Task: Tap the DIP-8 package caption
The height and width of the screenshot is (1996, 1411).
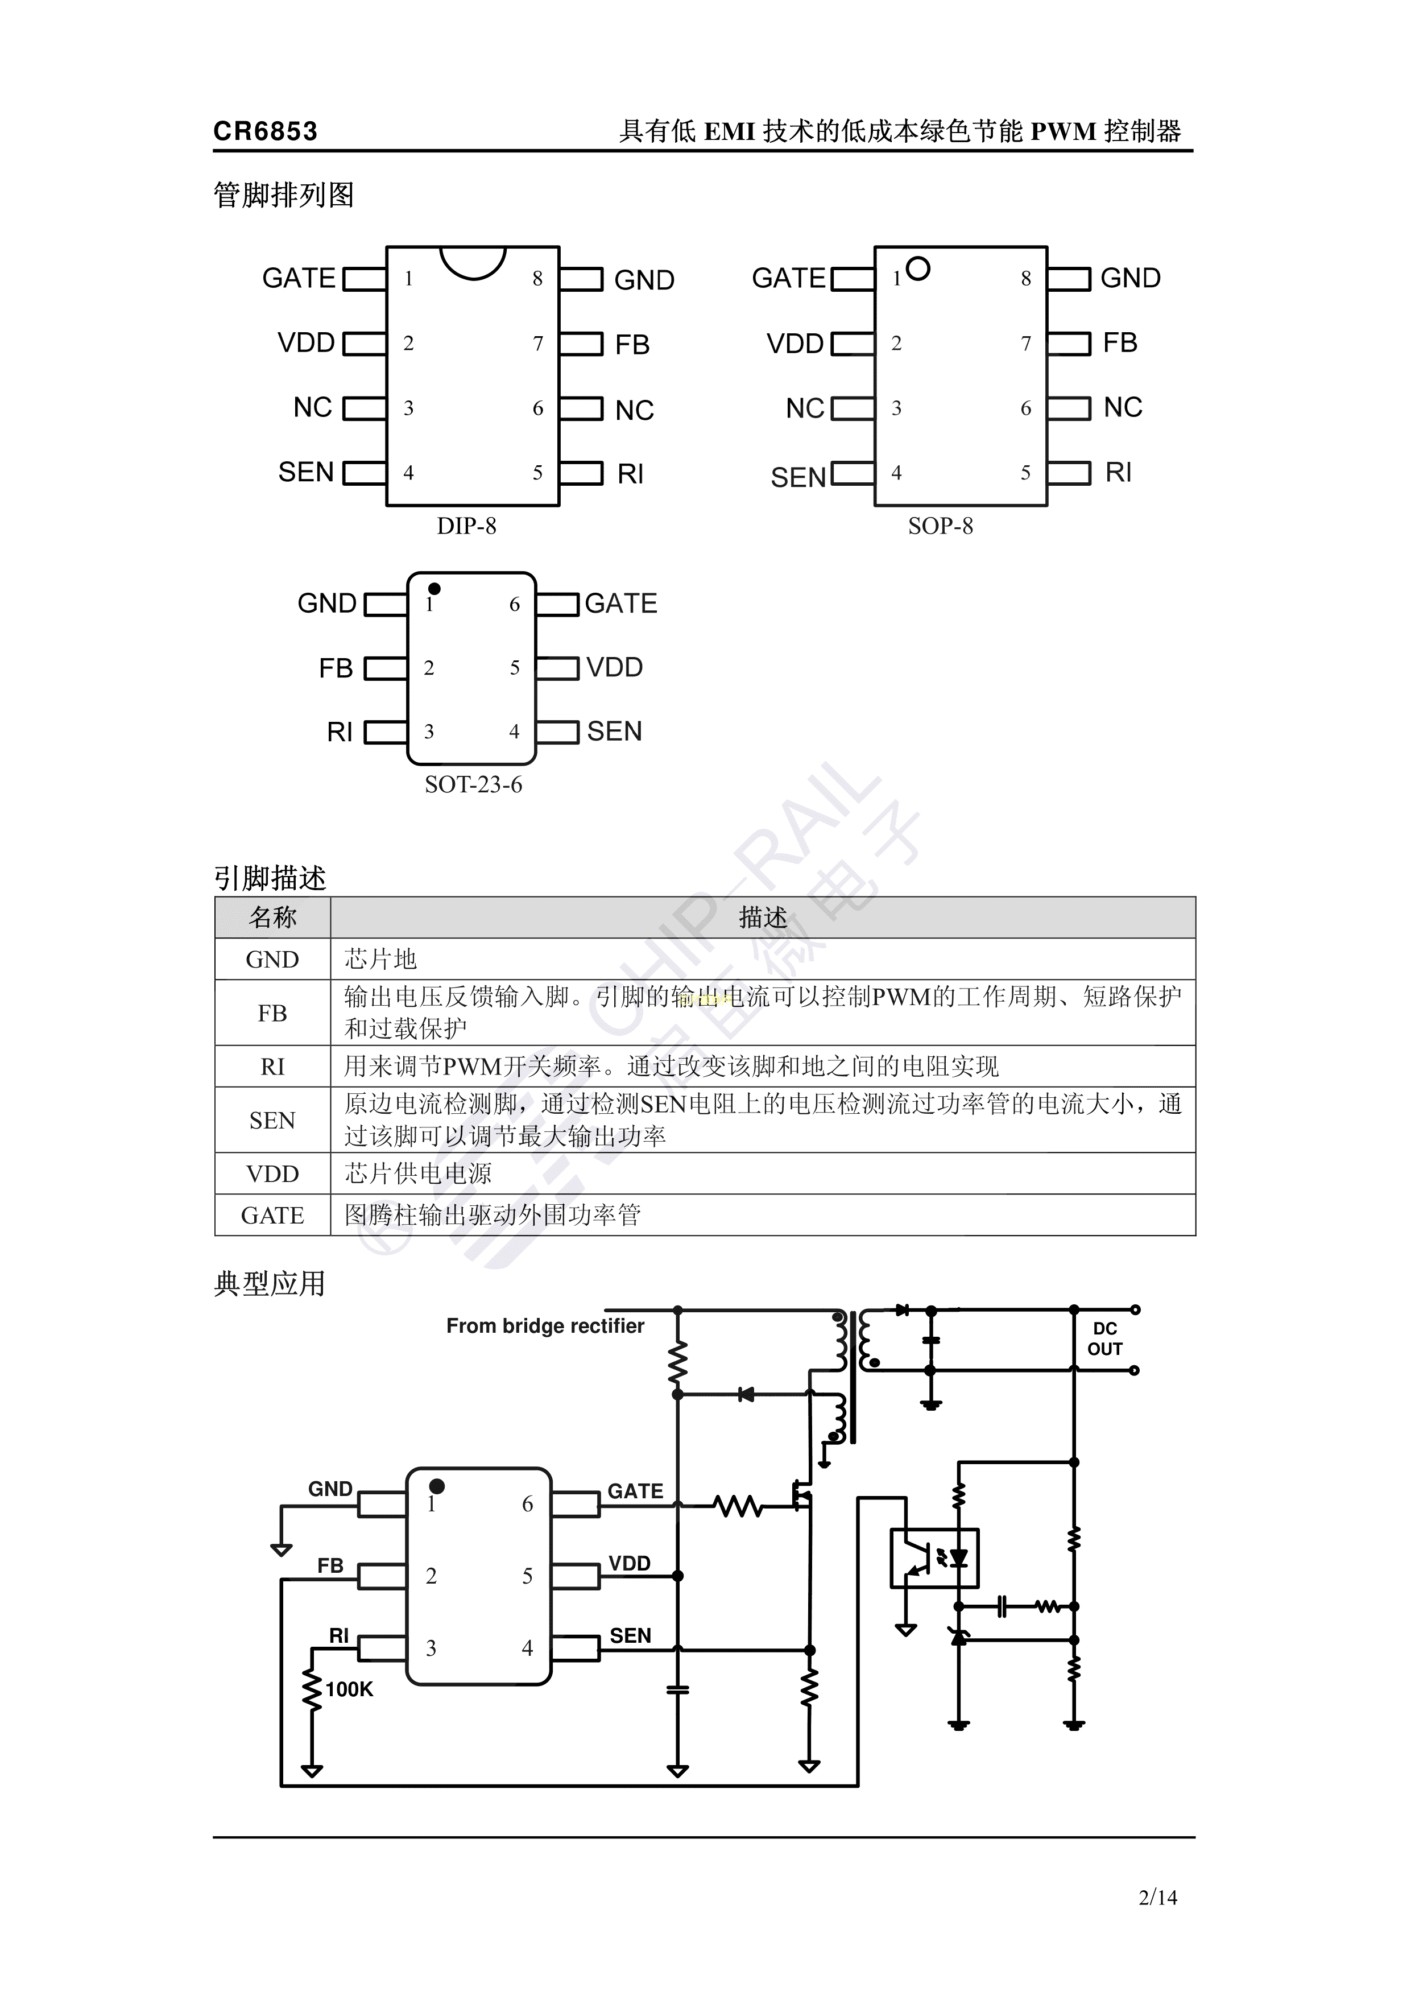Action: click(x=467, y=526)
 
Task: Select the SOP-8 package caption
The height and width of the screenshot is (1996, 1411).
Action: click(x=941, y=526)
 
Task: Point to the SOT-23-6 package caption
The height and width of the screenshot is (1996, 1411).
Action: click(x=474, y=784)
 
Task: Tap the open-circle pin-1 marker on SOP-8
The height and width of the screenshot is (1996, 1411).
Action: click(x=918, y=268)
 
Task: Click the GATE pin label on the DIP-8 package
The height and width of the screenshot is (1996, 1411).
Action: click(x=299, y=278)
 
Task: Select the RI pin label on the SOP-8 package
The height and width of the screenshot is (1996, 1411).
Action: click(x=1118, y=472)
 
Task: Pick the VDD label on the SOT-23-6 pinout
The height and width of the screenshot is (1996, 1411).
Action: click(x=615, y=668)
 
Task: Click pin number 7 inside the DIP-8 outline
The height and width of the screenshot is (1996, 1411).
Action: click(x=538, y=344)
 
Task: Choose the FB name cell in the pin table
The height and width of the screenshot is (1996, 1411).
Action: click(x=272, y=1013)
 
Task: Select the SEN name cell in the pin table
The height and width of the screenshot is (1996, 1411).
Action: click(x=272, y=1121)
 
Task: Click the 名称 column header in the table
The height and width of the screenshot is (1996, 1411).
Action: click(x=272, y=917)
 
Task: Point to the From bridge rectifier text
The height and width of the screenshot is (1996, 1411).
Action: click(x=545, y=1326)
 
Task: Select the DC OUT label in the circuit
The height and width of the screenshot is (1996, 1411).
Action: click(x=1105, y=1339)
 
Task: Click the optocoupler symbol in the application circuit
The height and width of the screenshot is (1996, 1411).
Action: click(x=934, y=1559)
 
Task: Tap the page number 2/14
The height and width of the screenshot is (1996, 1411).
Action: click(x=1158, y=1897)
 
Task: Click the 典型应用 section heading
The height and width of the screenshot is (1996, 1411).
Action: click(x=270, y=1284)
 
